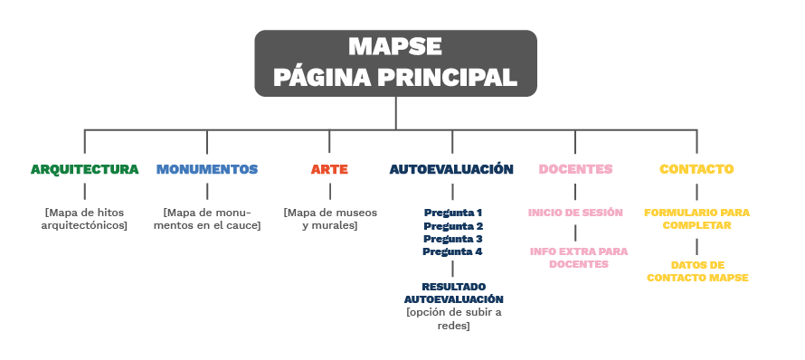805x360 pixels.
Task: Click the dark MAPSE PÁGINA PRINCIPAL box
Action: coord(395,62)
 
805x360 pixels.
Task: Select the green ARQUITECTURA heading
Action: coord(85,169)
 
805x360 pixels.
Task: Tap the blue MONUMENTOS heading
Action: coord(207,169)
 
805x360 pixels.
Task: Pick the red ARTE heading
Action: coord(329,169)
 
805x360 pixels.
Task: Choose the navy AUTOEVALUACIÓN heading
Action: coord(452,169)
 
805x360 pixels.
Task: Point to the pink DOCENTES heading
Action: coord(575,169)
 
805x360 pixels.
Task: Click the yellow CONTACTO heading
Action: coord(696,169)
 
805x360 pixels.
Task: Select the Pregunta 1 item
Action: coord(453,213)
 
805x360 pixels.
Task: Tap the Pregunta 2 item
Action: coord(453,225)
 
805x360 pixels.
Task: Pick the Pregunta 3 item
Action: coord(453,239)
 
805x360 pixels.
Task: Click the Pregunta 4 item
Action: coord(453,251)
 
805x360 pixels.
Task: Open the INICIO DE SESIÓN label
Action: coord(575,213)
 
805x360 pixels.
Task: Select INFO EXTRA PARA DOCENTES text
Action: coord(578,258)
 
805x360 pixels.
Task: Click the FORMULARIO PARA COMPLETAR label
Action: coord(696,219)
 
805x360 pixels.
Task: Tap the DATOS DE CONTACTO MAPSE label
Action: coord(697,271)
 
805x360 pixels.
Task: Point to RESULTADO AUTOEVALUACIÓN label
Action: coord(453,291)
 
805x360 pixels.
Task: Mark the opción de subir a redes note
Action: coord(453,318)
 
